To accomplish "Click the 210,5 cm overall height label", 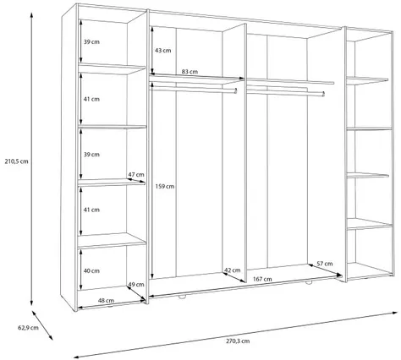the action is [x=16, y=161].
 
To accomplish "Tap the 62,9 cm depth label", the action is [x=28, y=328].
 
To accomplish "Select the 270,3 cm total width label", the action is [x=238, y=341].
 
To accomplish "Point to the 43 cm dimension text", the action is [x=163, y=51].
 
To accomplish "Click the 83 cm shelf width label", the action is [x=190, y=72].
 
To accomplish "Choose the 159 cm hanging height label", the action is [x=165, y=186].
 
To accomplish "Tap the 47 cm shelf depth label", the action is [x=136, y=174].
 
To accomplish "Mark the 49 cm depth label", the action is [x=136, y=284].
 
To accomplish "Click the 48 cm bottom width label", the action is [x=106, y=300].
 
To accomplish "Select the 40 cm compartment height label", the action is [x=91, y=270].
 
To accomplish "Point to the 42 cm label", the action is [x=233, y=270].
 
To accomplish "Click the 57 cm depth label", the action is [x=325, y=264].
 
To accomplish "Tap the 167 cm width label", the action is [x=262, y=279].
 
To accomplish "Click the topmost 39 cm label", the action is [x=91, y=41].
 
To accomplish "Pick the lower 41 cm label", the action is [x=91, y=210].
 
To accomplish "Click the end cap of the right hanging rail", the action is [x=323, y=94].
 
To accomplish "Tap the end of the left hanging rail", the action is [x=236, y=90].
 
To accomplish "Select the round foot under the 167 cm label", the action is [x=308, y=282].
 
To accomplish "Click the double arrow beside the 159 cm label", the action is [x=152, y=180].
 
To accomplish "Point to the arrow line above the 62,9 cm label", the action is [x=42, y=325].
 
